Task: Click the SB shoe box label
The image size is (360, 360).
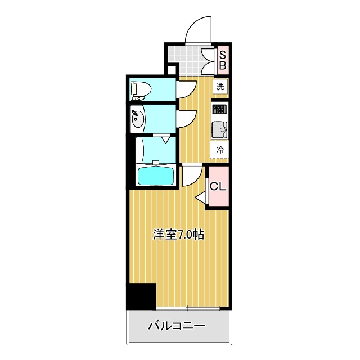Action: coord(222,60)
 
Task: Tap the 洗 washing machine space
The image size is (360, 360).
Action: coord(220,87)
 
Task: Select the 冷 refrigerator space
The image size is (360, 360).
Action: coord(220,150)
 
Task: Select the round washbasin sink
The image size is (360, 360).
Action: coord(138,119)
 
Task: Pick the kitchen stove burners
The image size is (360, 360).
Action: coord(220,109)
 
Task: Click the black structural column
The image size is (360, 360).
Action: coord(141,296)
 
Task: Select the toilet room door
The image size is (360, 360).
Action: coord(186,89)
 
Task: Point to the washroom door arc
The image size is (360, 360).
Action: coord(186,116)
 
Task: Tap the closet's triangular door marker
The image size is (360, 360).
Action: coord(201,197)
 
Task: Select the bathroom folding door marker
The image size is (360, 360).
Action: coord(164,139)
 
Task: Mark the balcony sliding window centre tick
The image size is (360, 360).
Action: coord(188,308)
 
